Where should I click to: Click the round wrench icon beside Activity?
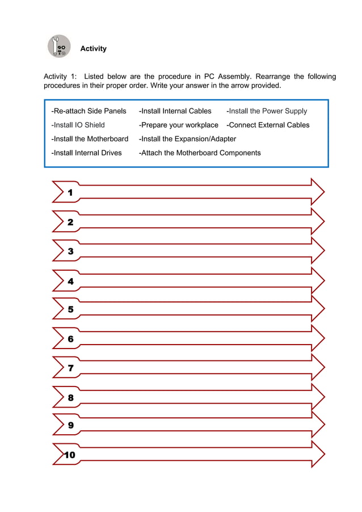pos(59,47)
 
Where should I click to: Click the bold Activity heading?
pos(93,49)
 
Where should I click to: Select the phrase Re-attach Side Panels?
pos(89,111)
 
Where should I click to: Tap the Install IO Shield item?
pos(78,125)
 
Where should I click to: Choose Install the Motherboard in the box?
pos(90,139)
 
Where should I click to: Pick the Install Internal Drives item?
pos(87,153)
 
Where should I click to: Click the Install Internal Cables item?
pos(175,111)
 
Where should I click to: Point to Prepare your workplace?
pos(179,125)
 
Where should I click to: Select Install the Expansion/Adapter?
pos(188,139)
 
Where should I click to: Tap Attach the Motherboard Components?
pos(200,153)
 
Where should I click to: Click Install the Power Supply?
pos(267,111)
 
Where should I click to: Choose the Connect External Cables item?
pos(268,125)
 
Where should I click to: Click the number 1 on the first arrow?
pos(70,193)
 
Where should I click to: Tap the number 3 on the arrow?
pos(70,251)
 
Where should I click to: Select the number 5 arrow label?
pos(70,310)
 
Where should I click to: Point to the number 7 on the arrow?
pos(70,368)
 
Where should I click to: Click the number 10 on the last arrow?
pos(69,455)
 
